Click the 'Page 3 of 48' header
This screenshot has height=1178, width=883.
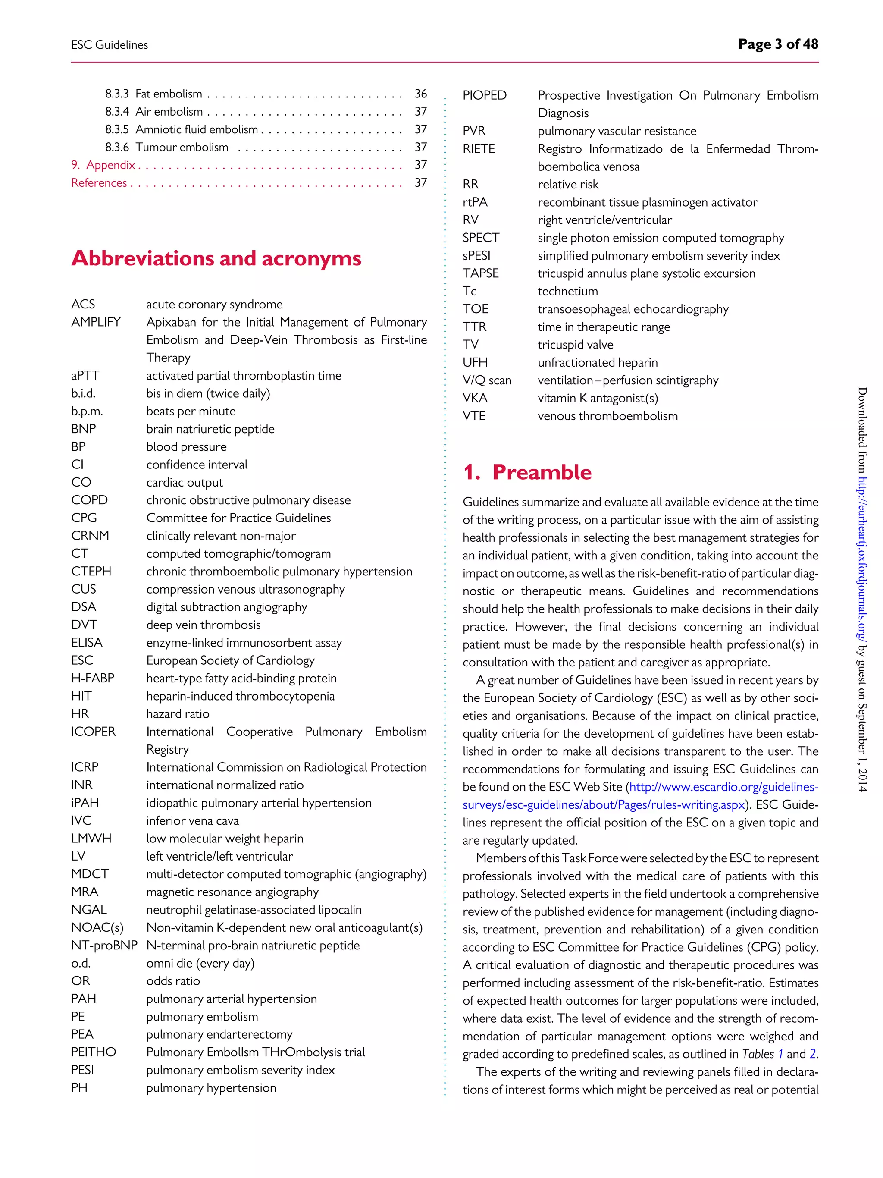(x=778, y=44)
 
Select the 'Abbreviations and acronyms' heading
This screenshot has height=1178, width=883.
(x=216, y=258)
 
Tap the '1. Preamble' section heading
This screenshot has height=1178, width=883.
(x=527, y=472)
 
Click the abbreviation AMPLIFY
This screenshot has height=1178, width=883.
(x=96, y=322)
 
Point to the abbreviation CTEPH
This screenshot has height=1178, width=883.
(x=91, y=572)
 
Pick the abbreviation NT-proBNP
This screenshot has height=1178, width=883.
(x=104, y=945)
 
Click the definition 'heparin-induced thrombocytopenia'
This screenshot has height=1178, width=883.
(x=240, y=696)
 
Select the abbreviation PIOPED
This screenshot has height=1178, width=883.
(x=484, y=95)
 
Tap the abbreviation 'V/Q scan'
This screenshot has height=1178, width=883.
(x=486, y=380)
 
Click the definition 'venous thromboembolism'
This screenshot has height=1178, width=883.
(x=607, y=416)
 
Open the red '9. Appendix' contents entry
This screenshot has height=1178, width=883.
(x=103, y=165)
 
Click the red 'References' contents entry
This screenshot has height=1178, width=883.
(x=99, y=182)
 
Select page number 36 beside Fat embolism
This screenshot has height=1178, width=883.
(x=420, y=94)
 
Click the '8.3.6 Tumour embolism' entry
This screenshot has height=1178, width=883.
(x=166, y=147)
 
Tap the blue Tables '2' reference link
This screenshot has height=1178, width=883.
(x=813, y=1054)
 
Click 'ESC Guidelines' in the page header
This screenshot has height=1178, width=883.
(x=110, y=45)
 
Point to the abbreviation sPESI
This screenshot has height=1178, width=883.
(x=476, y=256)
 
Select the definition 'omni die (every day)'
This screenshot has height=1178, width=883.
(x=200, y=963)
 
